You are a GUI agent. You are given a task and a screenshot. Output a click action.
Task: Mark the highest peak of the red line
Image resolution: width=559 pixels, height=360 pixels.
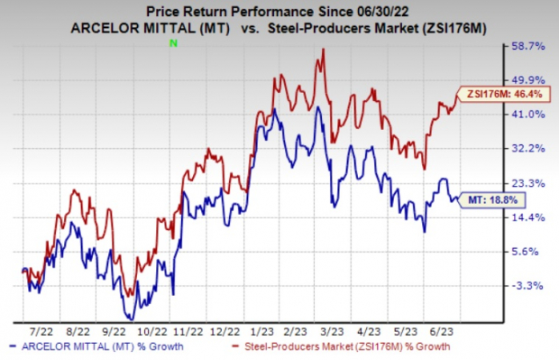coord(323,50)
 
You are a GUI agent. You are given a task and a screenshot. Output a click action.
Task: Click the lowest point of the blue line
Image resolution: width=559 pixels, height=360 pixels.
coord(131,318)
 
